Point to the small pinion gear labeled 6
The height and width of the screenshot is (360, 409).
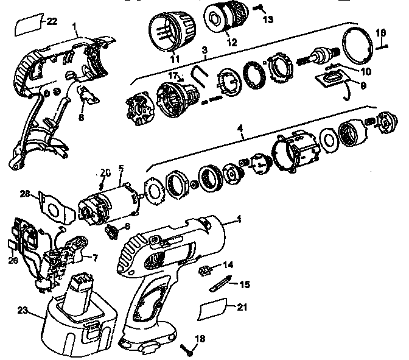click(x=111, y=232)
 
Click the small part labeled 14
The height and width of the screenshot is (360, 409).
click(x=205, y=269)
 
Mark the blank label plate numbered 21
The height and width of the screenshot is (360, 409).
click(x=212, y=309)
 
